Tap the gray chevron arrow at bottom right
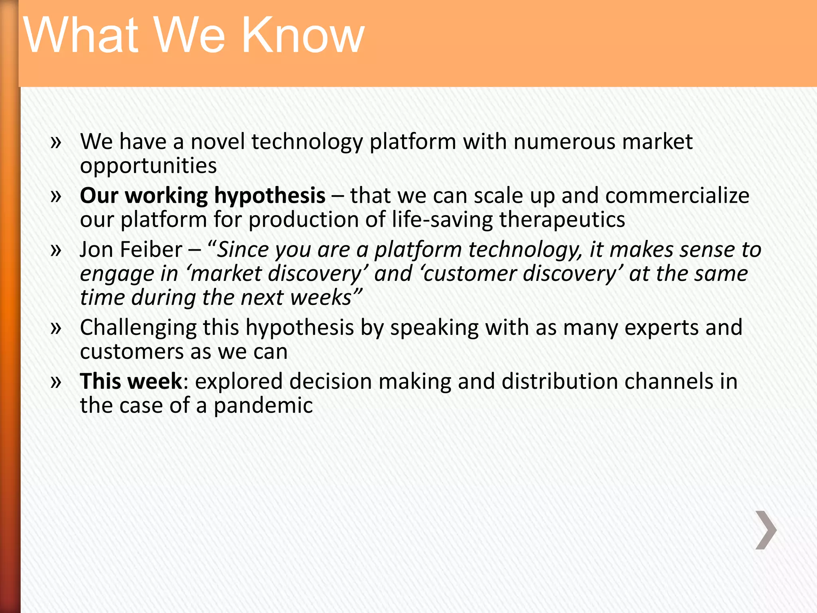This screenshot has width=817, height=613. click(x=766, y=530)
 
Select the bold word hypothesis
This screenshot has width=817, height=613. click(x=270, y=196)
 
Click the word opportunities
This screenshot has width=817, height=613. click(x=148, y=166)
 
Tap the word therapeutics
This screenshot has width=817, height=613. click(x=562, y=220)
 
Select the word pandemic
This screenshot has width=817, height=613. click(x=263, y=406)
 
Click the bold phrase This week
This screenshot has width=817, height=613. click(x=131, y=381)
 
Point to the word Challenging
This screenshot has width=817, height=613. click(x=138, y=328)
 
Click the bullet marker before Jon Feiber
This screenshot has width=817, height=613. click(x=56, y=250)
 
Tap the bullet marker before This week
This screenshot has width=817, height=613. click(x=56, y=382)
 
